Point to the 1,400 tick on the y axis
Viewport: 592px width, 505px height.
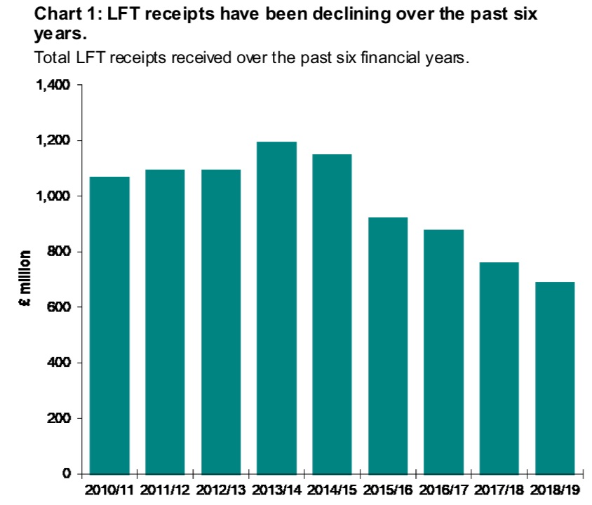pyautogui.click(x=53, y=86)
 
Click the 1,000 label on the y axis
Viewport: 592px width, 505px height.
pyautogui.click(x=53, y=196)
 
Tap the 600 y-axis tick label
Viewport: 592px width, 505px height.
pyautogui.click(x=60, y=307)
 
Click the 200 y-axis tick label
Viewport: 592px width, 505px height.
pyautogui.click(x=60, y=419)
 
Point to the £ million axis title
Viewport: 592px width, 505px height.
pyautogui.click(x=25, y=279)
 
